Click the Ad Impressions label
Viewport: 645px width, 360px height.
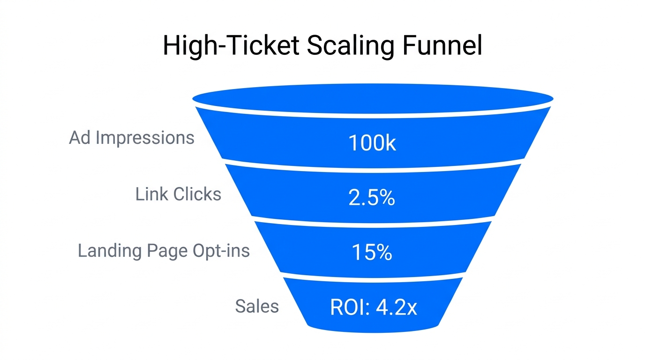132,138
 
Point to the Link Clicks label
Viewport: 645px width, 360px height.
178,194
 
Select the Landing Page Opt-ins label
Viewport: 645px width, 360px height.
164,251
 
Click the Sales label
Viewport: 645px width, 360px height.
257,306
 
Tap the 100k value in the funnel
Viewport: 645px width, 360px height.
372,143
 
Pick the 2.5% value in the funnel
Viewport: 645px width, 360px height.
372,198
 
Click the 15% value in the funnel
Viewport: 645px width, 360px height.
372,253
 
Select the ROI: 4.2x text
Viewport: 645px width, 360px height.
374,307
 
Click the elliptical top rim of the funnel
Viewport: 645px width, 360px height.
373,98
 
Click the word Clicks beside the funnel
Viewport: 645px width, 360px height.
196,194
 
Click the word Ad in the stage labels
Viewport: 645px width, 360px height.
80,138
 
